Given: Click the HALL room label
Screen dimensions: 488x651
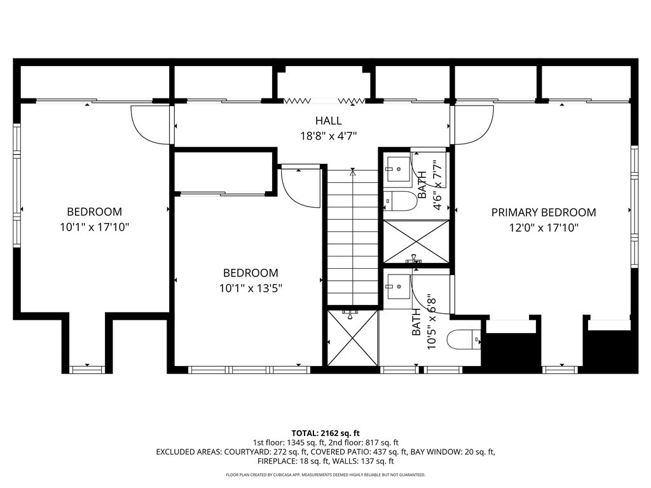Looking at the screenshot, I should coord(328,121).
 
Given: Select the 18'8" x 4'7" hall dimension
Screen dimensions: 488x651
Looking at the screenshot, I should coord(328,135).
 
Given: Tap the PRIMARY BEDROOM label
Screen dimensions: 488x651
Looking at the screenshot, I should coord(544,212).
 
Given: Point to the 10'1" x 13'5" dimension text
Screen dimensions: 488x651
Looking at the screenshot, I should coord(250,288).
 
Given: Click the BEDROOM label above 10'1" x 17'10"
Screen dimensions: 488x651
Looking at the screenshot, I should coord(94,212).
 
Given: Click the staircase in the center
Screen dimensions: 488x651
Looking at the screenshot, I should coord(352,238).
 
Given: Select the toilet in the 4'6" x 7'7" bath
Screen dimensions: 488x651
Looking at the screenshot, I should coord(401,201).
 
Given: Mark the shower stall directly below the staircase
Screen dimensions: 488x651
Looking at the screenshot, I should coord(352,337).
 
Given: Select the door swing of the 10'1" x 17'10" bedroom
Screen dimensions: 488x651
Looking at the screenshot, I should coord(150,124).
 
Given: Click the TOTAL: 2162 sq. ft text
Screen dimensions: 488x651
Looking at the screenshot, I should coord(325,432).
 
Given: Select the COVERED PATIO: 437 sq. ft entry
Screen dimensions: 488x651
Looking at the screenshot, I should coord(360,452).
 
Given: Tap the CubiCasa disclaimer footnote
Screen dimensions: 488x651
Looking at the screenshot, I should coord(325,475).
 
